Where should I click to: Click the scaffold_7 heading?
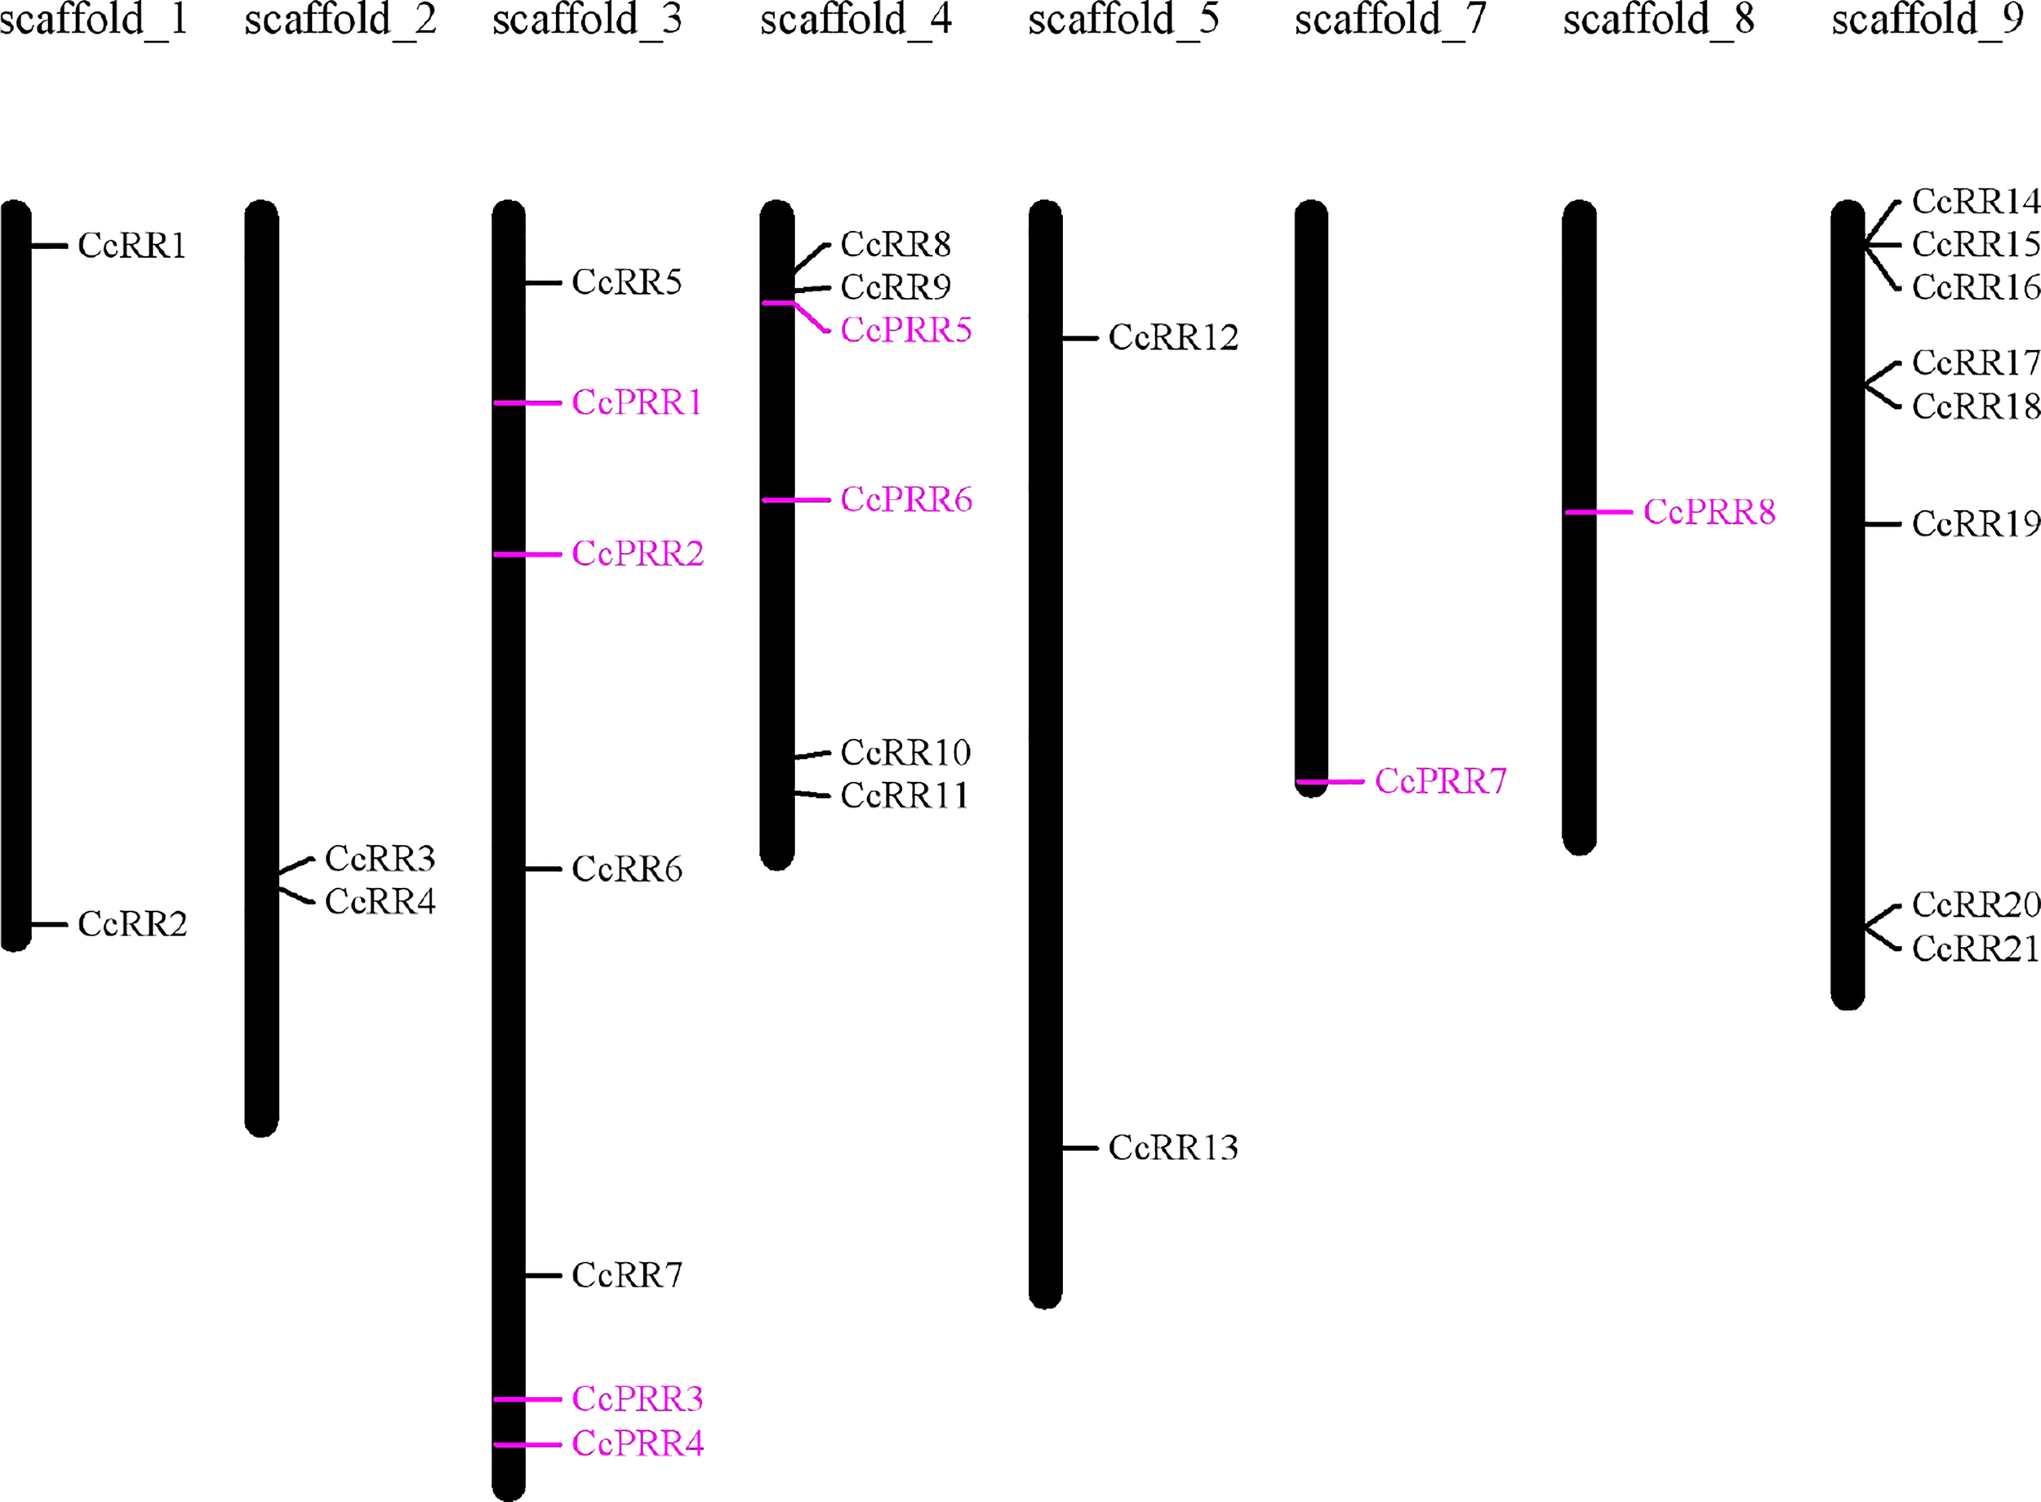(x=1390, y=20)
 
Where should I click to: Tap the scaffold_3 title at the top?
(x=586, y=20)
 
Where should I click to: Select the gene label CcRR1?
(x=131, y=246)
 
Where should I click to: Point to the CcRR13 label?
(x=1173, y=1149)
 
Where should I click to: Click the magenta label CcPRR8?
(x=1710, y=513)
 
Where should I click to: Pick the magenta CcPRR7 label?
(x=1440, y=781)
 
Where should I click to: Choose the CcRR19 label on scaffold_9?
(x=1976, y=524)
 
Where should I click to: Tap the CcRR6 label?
(x=626, y=869)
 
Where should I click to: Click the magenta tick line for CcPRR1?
(x=528, y=402)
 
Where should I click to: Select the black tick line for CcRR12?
(x=1080, y=338)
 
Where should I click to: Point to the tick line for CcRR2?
(x=49, y=925)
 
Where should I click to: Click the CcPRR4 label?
(x=638, y=1444)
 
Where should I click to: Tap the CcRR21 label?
(x=1976, y=949)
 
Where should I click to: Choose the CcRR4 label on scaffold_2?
(x=380, y=902)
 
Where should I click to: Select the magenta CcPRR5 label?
(x=905, y=330)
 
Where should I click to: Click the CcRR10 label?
(x=905, y=753)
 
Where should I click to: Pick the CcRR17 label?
(x=1976, y=362)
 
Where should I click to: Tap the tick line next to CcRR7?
(x=544, y=1276)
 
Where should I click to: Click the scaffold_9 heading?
(x=1928, y=20)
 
